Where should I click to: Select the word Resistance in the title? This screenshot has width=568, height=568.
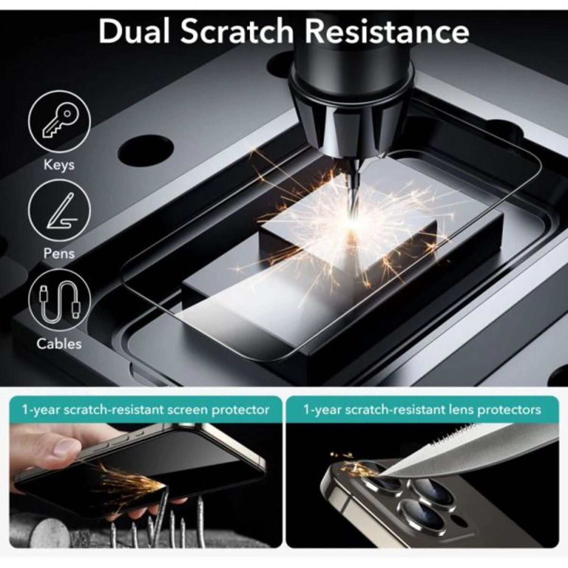(x=386, y=31)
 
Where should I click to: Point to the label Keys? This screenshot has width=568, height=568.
(x=59, y=165)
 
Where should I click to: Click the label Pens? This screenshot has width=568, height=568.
(x=59, y=253)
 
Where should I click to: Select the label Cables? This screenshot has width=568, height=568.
(x=59, y=343)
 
